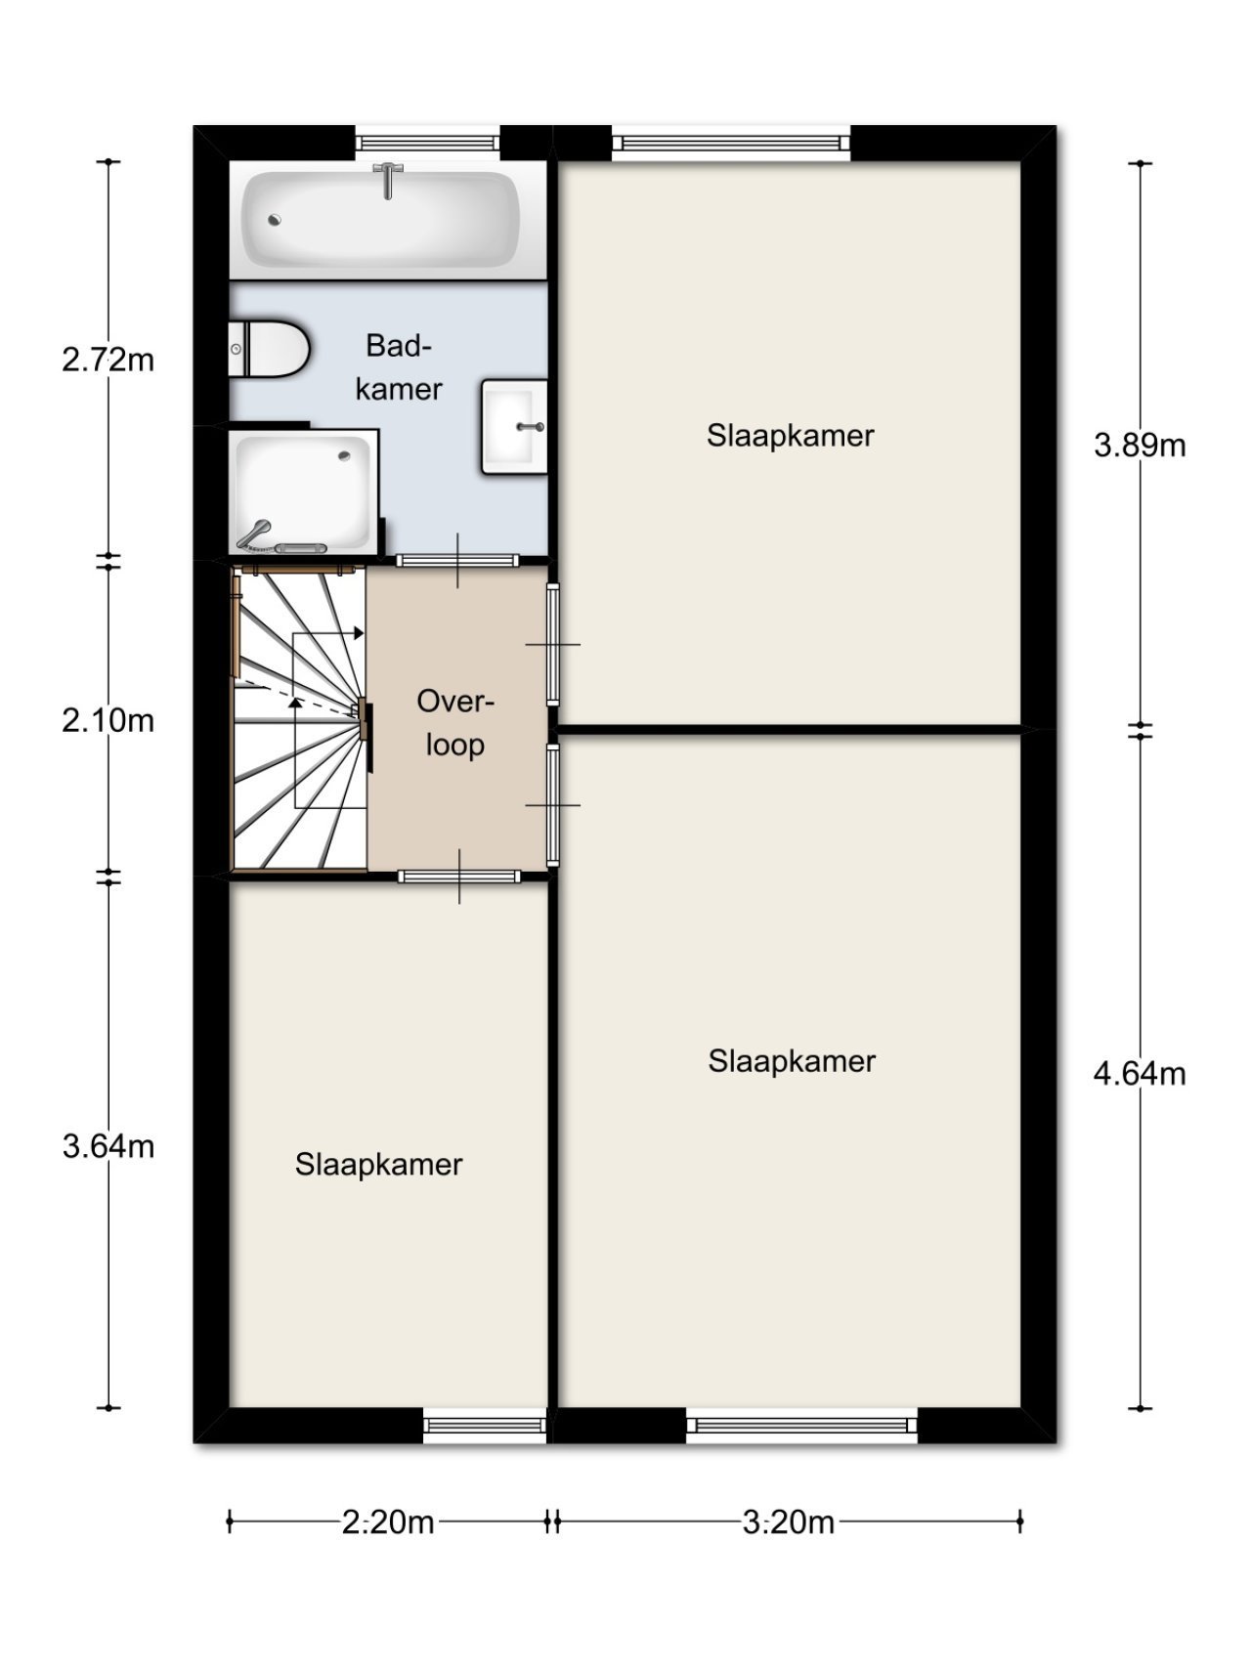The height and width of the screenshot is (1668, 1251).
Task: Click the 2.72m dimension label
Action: (108, 360)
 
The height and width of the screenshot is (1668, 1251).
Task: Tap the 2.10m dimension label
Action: (108, 721)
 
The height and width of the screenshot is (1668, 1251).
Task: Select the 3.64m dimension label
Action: (108, 1145)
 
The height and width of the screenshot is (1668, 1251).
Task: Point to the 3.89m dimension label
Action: (1140, 446)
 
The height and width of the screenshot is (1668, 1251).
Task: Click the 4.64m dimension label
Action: (1140, 1074)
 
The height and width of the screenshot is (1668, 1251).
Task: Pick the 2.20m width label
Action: (388, 1522)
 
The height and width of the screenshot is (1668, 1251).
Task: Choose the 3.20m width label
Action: (789, 1522)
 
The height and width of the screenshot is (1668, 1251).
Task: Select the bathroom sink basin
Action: (513, 427)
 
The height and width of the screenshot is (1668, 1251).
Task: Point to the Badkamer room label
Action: (399, 367)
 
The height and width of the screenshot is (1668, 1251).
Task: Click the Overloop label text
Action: (455, 723)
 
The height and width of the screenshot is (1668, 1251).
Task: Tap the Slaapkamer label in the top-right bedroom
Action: (790, 436)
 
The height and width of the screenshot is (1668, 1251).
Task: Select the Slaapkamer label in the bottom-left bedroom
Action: (378, 1165)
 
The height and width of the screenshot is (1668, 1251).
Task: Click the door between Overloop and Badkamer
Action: (457, 561)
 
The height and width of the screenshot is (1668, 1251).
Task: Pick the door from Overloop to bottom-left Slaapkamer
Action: (458, 877)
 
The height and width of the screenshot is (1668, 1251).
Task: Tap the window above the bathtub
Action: (427, 143)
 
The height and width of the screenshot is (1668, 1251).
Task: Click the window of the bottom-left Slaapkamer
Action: (485, 1426)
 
